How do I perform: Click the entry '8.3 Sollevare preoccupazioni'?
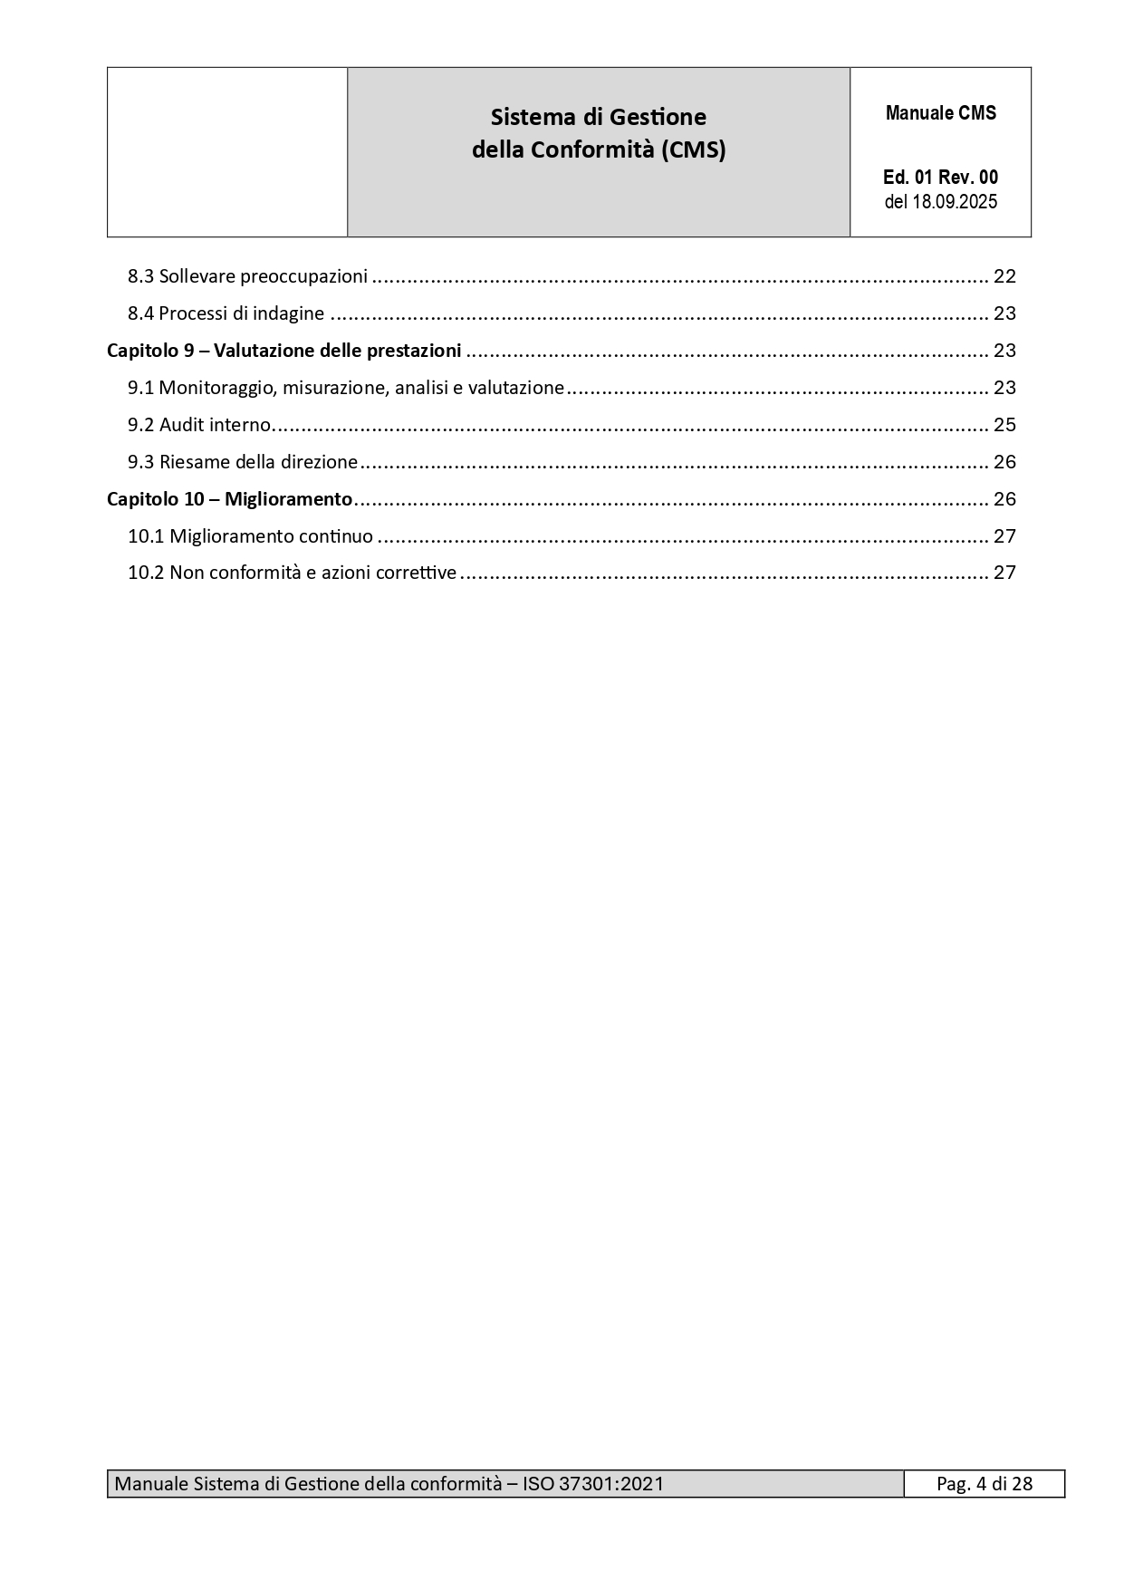[247, 276]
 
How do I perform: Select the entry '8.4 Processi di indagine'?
[226, 313]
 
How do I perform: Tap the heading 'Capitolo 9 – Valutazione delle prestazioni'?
[283, 351]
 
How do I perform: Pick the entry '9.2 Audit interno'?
[199, 425]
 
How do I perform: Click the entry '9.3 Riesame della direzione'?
[243, 462]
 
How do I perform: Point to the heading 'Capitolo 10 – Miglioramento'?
[229, 499]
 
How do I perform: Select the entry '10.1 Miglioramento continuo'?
[250, 536]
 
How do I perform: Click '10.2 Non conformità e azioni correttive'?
[292, 573]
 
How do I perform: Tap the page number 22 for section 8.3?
[1004, 276]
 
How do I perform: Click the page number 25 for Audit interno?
[1004, 425]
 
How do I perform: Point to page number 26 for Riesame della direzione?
[1004, 462]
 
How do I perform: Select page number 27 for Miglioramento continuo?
[1004, 536]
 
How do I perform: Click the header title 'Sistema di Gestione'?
[598, 117]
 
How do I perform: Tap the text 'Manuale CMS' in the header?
[940, 113]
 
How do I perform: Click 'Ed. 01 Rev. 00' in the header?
[940, 178]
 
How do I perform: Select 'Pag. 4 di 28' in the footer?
[984, 1484]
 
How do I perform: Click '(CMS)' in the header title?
[693, 149]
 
